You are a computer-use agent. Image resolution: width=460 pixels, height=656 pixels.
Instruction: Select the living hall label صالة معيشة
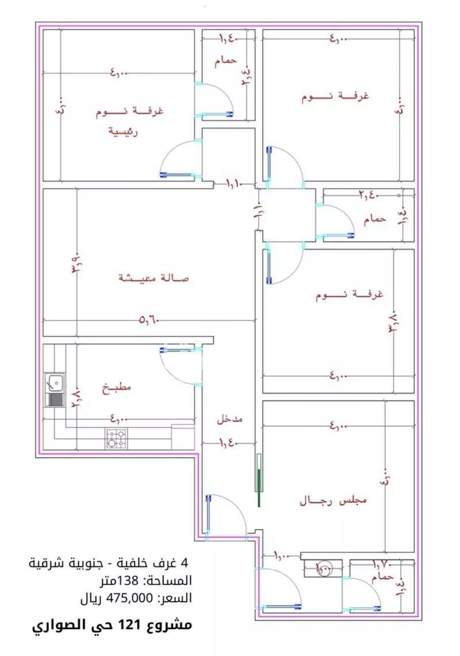point(154,278)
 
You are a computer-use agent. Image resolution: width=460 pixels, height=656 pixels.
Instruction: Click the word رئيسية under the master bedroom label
point(123,130)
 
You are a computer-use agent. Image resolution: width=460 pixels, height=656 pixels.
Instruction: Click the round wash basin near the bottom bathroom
point(323,568)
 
